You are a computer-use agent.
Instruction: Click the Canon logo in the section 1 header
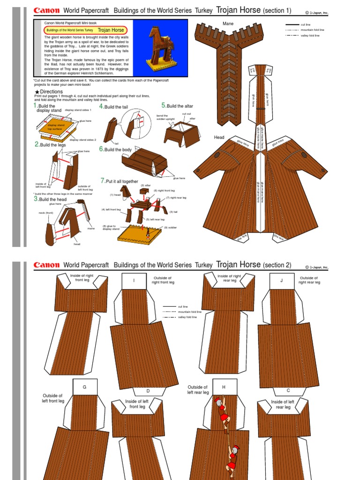46,10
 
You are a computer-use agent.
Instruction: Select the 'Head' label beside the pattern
219,137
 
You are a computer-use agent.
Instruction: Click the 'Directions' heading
51,92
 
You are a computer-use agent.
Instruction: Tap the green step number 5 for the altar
164,105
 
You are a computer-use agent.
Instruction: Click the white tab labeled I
134,281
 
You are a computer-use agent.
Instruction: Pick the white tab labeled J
282,281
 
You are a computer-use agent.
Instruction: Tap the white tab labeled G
85,387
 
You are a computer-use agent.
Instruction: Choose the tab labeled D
148,390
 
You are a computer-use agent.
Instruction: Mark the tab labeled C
288,390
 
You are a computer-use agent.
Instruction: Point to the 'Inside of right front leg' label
82,278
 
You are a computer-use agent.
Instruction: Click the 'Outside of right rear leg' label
310,280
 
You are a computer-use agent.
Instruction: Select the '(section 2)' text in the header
277,265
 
